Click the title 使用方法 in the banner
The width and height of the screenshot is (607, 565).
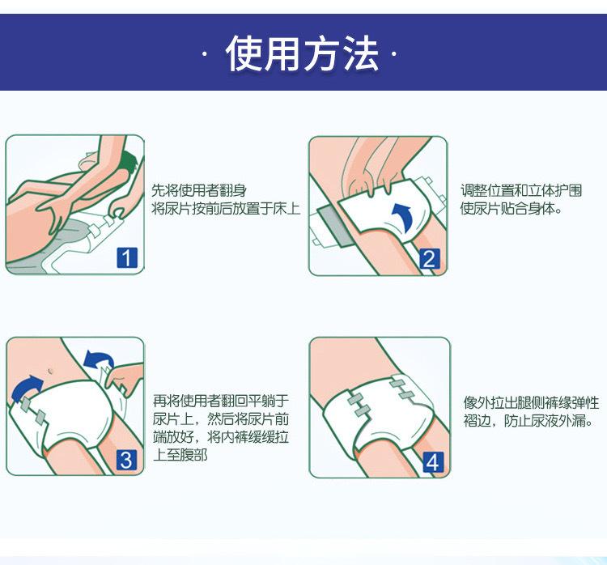tap(302, 53)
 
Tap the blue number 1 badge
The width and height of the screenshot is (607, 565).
tap(126, 257)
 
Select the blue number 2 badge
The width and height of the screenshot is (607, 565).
tap(429, 259)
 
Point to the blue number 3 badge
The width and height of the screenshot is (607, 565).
tap(126, 460)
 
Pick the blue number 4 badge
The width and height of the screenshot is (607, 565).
tap(433, 462)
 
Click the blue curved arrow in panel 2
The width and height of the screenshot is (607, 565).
tap(405, 219)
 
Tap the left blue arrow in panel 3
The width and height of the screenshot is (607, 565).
tap(25, 389)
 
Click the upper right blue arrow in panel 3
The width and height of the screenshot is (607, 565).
tap(99, 359)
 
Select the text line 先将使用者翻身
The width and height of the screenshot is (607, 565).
tap(198, 190)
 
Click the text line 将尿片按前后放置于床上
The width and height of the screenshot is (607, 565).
tap(226, 209)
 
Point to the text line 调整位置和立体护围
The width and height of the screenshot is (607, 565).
tap(521, 190)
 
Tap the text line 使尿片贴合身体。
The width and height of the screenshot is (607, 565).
tap(511, 209)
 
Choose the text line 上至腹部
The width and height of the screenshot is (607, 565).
tap(180, 455)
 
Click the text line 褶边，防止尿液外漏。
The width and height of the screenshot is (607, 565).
tap(528, 421)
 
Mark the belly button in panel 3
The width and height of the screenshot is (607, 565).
tap(49, 372)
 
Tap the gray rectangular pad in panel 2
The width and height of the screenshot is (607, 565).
tap(335, 227)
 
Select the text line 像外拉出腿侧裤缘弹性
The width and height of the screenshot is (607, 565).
tap(531, 403)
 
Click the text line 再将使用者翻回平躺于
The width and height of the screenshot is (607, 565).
tap(221, 401)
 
